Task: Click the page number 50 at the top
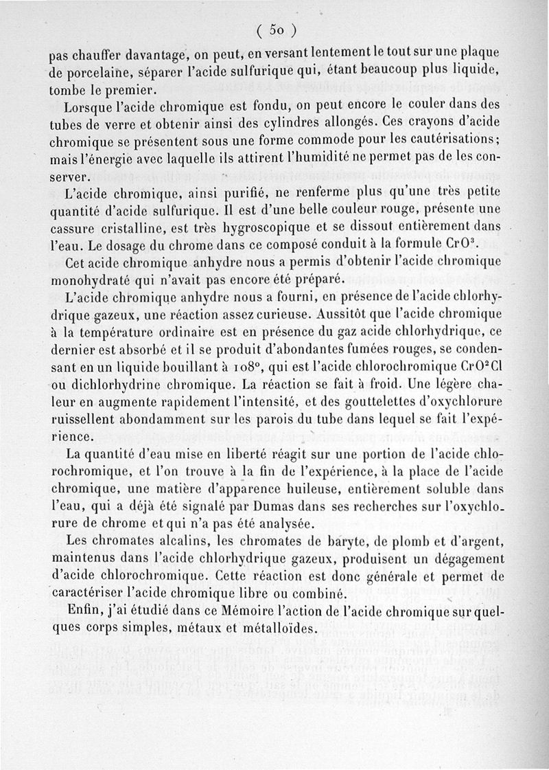click(277, 30)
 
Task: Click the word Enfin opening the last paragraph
click(85, 611)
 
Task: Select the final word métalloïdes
click(274, 629)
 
